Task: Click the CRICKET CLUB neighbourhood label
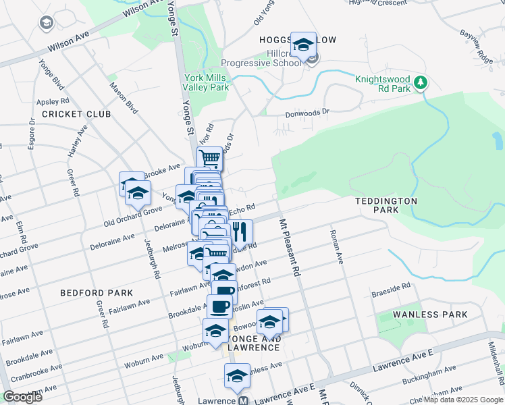tap(76, 114)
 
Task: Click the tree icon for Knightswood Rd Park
tap(421, 82)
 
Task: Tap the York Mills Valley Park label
tap(207, 82)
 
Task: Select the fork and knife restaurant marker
tap(241, 232)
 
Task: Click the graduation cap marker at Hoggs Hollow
tap(303, 45)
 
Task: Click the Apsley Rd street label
tap(49, 102)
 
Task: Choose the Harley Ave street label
tap(77, 141)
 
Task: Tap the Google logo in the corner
tap(22, 397)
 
